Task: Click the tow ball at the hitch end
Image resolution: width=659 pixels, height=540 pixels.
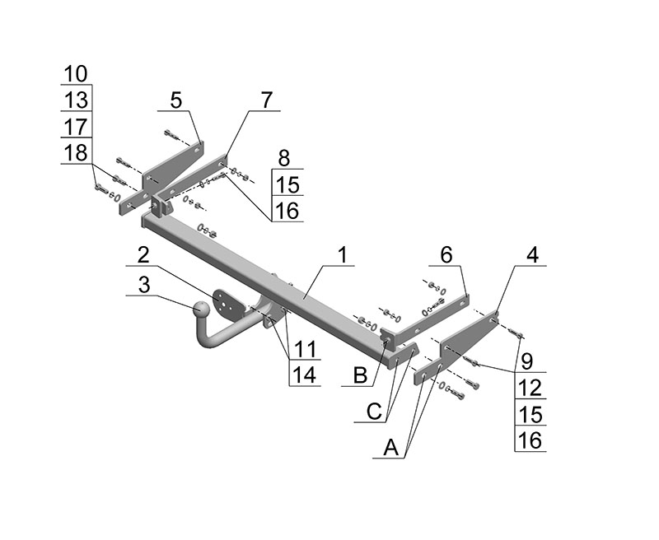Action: click(x=201, y=310)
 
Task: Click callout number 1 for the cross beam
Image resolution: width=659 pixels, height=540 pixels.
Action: click(x=343, y=255)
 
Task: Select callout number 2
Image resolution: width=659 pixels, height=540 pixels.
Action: click(x=143, y=255)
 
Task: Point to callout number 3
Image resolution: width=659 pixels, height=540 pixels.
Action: click(x=143, y=285)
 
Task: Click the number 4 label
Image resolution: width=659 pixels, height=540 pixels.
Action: click(x=532, y=255)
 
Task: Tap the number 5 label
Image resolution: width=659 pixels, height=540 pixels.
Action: click(x=176, y=100)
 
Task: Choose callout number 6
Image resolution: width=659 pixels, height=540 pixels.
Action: click(x=446, y=255)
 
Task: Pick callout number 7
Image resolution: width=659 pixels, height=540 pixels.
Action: click(x=266, y=100)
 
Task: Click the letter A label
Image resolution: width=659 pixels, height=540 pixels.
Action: click(x=390, y=448)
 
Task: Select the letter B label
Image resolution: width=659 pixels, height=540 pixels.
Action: click(x=360, y=375)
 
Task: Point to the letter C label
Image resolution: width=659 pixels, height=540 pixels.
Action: click(x=374, y=412)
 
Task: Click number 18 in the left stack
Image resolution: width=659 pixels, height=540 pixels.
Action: click(x=76, y=153)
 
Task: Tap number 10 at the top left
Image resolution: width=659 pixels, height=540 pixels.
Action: click(x=76, y=74)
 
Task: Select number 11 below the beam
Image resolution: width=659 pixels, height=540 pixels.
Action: click(x=305, y=349)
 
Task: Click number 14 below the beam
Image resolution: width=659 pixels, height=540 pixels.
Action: click(x=305, y=375)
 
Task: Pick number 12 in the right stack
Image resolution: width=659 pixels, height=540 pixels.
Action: click(x=530, y=389)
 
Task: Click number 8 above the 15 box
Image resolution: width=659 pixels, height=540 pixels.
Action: click(x=284, y=158)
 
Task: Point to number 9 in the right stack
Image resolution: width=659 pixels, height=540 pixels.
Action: click(x=527, y=361)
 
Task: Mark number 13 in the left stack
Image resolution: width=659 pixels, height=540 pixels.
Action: click(x=76, y=100)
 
